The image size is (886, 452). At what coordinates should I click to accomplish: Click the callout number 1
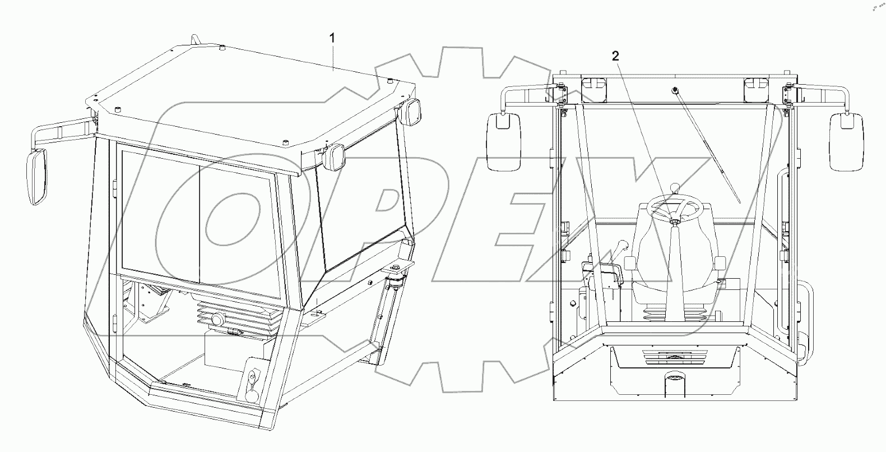click(x=332, y=38)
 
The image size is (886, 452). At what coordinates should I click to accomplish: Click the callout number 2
click(x=615, y=56)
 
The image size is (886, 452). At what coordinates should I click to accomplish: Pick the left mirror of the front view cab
click(x=504, y=141)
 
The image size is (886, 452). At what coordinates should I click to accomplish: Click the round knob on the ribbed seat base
click(x=216, y=320)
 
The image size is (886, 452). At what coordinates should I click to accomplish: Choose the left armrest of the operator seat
click(x=630, y=264)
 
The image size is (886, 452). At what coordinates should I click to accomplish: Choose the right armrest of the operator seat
click(x=720, y=263)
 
